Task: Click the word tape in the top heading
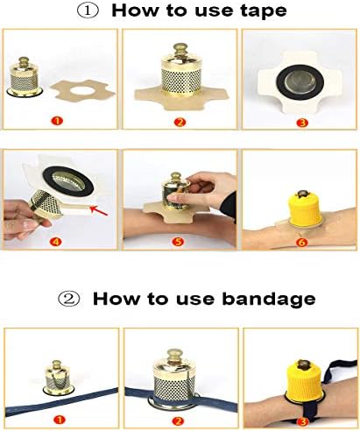pyautogui.click(x=264, y=11)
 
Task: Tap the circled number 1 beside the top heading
pyautogui.click(x=88, y=11)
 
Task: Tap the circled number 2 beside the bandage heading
pyautogui.click(x=69, y=299)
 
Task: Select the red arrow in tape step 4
pyautogui.click(x=99, y=210)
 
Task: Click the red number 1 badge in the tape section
pyautogui.click(x=57, y=121)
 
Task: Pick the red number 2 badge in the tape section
pyautogui.click(x=180, y=122)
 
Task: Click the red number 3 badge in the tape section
pyautogui.click(x=302, y=122)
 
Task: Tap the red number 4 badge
pyautogui.click(x=55, y=242)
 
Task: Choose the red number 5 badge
pyautogui.click(x=179, y=242)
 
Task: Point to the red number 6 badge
pyautogui.click(x=301, y=243)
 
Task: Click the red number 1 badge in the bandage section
pyautogui.click(x=59, y=420)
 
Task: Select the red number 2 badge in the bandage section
pyautogui.click(x=178, y=420)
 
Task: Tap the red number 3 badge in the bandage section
pyautogui.click(x=302, y=421)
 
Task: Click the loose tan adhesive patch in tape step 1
pyautogui.click(x=83, y=90)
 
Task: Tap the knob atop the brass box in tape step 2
pyautogui.click(x=180, y=49)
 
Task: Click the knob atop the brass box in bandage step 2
pyautogui.click(x=174, y=355)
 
